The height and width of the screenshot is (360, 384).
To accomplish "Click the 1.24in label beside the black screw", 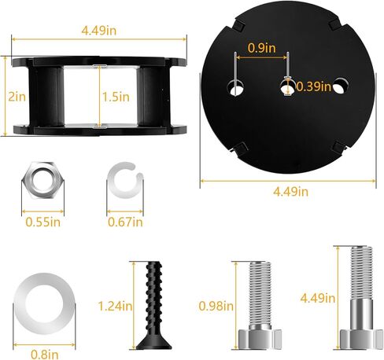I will click(x=114, y=305).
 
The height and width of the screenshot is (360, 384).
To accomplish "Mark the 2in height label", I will click(x=13, y=96).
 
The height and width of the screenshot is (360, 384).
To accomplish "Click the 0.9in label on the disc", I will click(x=261, y=48).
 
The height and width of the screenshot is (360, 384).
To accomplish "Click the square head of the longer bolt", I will click(x=356, y=338).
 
